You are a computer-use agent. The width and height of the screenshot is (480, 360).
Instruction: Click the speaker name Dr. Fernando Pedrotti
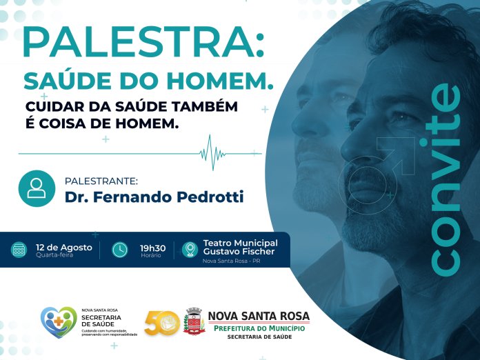click(x=154, y=197)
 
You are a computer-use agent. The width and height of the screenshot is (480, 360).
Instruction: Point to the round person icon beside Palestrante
click(x=37, y=188)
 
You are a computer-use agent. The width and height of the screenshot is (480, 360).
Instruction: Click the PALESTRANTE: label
click(x=101, y=181)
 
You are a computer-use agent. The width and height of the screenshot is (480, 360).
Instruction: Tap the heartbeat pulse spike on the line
click(x=212, y=152)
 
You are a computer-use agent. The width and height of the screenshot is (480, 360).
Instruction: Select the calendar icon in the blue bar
click(x=19, y=250)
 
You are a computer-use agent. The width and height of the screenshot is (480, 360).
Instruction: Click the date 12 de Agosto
click(x=64, y=248)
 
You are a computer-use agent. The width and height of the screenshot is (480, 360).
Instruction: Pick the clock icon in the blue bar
click(x=120, y=250)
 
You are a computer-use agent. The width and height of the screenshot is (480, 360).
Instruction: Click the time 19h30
click(x=152, y=248)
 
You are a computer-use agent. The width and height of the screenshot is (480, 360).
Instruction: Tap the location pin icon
click(x=190, y=250)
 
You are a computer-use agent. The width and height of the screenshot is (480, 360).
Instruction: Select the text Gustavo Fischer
click(x=239, y=252)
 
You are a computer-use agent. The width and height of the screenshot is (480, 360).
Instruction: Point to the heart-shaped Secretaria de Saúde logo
click(x=59, y=322)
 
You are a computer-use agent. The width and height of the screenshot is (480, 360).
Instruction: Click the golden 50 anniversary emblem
click(x=162, y=323)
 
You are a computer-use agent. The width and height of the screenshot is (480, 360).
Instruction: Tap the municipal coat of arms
click(x=194, y=321)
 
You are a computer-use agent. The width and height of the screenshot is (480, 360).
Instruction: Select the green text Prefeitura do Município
click(x=259, y=328)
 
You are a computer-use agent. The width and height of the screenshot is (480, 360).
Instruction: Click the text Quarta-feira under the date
click(x=54, y=254)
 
